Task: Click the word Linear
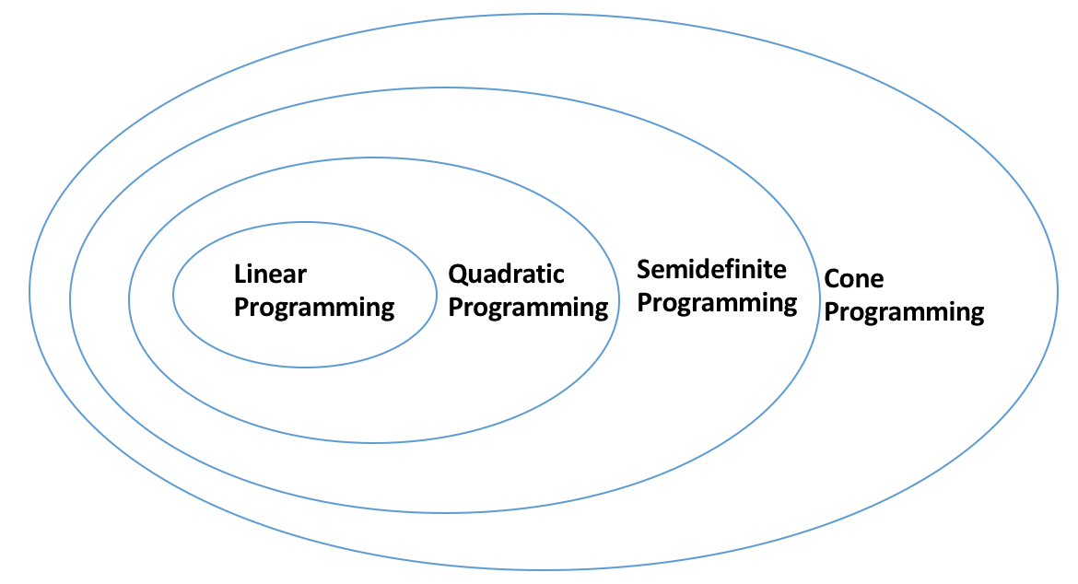[x=270, y=274]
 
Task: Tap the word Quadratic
[x=506, y=274]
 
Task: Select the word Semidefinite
[x=711, y=269]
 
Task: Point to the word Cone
[x=854, y=279]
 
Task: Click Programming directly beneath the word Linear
[x=314, y=308]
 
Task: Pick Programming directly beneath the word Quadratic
[x=528, y=308]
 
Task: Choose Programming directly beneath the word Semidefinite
[x=717, y=304]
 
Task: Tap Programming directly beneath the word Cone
[x=904, y=312]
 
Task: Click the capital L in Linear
[x=240, y=274]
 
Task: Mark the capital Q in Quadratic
[x=458, y=274]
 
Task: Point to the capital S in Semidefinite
[x=644, y=269]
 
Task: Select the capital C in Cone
[x=833, y=279]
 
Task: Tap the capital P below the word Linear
[x=241, y=307]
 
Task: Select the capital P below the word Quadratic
[x=455, y=307]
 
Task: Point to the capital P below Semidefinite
[x=644, y=302]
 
